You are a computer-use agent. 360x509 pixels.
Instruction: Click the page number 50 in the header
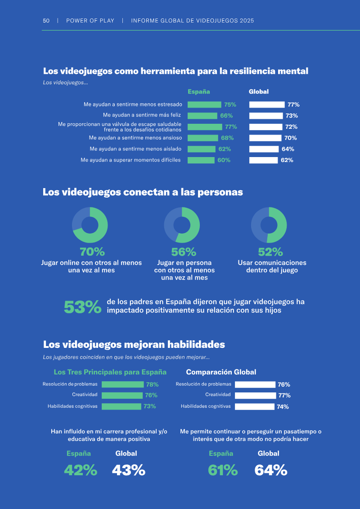46,20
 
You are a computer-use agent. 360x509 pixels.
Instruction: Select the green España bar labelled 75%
204,104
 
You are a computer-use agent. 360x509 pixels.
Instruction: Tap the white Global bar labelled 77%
267,104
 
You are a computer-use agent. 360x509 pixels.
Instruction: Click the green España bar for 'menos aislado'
202,149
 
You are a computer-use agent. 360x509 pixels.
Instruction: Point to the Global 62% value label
287,160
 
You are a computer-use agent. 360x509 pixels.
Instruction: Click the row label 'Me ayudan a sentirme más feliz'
142,115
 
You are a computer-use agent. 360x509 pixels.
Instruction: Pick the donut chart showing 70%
90,225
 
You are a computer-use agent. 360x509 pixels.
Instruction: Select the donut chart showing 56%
182,225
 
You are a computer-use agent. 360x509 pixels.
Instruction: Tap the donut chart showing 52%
269,225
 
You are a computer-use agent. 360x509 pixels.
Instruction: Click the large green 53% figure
83,307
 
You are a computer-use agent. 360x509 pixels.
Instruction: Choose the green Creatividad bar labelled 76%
122,396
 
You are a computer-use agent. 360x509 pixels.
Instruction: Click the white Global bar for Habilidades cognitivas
255,406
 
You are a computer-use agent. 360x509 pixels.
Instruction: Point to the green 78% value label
152,384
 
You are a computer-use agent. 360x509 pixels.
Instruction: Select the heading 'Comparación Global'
221,372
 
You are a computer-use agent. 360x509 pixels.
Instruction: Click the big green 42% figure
81,470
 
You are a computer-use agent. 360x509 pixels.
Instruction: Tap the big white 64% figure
271,470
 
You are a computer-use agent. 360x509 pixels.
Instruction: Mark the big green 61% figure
223,470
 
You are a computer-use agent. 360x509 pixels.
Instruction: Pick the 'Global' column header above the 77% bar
259,91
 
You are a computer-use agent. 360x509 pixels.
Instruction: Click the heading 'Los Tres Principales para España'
110,372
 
